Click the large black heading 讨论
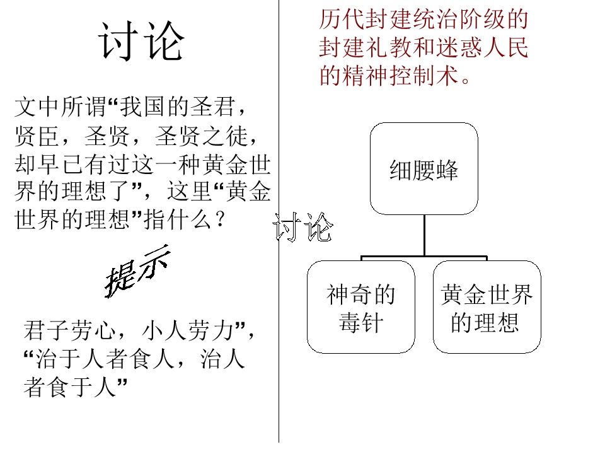pyautogui.click(x=141, y=41)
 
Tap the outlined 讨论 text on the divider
pyautogui.click(x=302, y=228)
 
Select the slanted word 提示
pyautogui.click(x=137, y=271)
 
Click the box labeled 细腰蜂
pyautogui.click(x=424, y=169)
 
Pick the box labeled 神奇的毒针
pyautogui.click(x=361, y=307)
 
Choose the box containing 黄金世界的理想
pyautogui.click(x=487, y=307)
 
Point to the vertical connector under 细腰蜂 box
pyautogui.click(x=424, y=235)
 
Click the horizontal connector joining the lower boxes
pyautogui.click(x=424, y=257)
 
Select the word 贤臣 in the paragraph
pyautogui.click(x=37, y=136)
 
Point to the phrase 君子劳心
pyautogui.click(x=70, y=331)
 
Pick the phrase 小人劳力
pyautogui.click(x=188, y=331)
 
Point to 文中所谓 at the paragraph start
pyautogui.click(x=60, y=107)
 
